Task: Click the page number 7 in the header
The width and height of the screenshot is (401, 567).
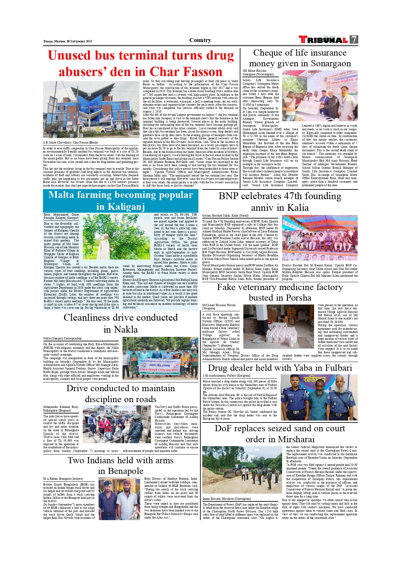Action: pos(354,39)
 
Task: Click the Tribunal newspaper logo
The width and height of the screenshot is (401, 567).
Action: pos(323,40)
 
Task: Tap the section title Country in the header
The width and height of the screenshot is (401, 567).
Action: pos(200,40)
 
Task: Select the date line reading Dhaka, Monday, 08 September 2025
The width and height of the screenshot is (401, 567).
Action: pos(68,41)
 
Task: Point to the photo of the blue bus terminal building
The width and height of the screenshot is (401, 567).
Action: pos(91,109)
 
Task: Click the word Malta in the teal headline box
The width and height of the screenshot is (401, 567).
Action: pos(64,195)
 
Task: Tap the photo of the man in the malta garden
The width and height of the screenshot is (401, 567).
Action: pos(116,237)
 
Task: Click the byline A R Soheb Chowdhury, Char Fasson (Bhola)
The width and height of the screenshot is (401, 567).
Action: pos(70,142)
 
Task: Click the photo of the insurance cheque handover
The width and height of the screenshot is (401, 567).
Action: pos(320,96)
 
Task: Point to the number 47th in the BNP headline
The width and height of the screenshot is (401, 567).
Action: pos(273,196)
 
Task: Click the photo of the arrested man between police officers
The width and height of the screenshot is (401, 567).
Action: pos(319,397)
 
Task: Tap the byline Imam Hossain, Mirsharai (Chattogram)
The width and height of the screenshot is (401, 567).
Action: pos(227,499)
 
